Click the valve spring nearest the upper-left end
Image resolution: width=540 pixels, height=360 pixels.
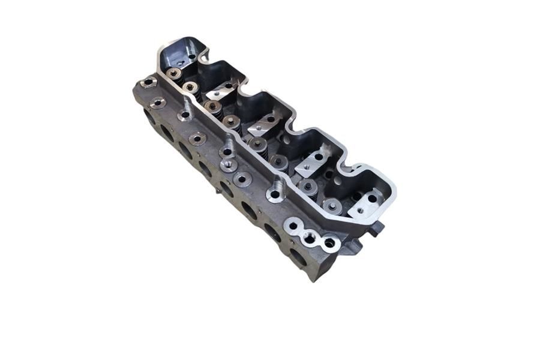click(175, 74)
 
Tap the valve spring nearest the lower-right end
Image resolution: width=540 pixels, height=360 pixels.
click(332, 206)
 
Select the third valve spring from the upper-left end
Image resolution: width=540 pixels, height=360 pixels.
click(212, 107)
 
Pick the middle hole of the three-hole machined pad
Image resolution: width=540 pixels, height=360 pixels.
click(310, 238)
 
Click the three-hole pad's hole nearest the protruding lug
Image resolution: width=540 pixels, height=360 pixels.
click(329, 244)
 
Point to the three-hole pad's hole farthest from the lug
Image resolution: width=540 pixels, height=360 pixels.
click(292, 227)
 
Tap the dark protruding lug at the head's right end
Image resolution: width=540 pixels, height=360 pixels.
click(377, 229)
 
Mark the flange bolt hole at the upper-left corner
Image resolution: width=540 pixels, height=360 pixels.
click(145, 82)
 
